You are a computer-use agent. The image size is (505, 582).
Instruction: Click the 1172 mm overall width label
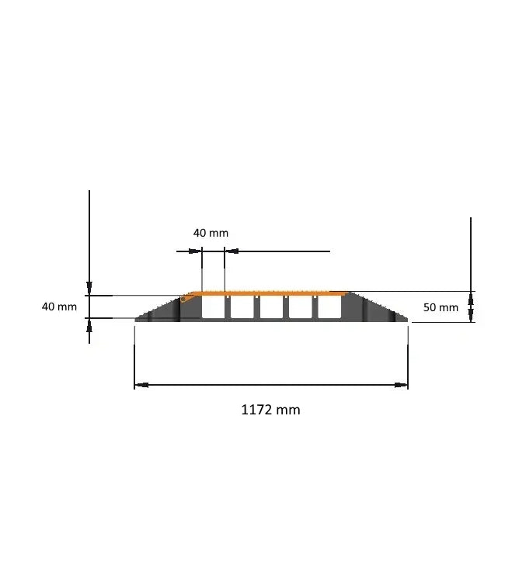click(x=270, y=410)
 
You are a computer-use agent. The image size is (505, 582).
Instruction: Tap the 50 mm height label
click(x=441, y=307)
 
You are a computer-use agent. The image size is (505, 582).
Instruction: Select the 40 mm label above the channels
click(x=211, y=233)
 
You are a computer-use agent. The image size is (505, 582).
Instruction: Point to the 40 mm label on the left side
click(x=59, y=307)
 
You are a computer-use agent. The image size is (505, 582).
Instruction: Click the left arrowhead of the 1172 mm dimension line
click(x=141, y=385)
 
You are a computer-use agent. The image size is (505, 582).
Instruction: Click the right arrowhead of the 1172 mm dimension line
click(x=402, y=385)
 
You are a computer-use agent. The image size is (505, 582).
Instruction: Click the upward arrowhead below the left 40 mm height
click(x=89, y=327)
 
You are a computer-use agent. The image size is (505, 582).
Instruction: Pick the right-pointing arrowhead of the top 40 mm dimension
click(x=196, y=251)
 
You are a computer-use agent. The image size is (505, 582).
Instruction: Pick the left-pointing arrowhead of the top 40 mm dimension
click(x=231, y=251)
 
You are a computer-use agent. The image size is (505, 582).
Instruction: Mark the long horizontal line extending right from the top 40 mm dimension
click(x=284, y=251)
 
